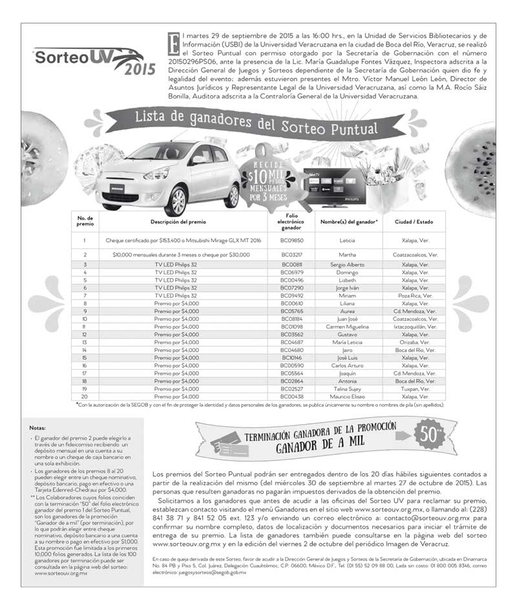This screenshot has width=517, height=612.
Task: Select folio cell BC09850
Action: pos(291,240)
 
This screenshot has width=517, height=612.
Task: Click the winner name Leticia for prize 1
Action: pos(347,240)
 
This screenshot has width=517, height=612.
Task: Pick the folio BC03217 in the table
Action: pos(291,255)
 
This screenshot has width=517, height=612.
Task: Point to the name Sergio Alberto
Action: pos(347,265)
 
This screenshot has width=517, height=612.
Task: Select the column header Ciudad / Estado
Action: pos(414,221)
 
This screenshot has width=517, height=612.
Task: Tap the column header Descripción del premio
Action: pos(178,221)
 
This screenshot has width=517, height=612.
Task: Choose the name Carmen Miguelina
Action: pos(347,327)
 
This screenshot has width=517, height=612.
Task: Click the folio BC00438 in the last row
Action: pos(291,396)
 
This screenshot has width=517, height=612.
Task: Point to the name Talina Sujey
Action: pos(347,389)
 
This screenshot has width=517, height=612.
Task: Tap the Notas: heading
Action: pos(37,428)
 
